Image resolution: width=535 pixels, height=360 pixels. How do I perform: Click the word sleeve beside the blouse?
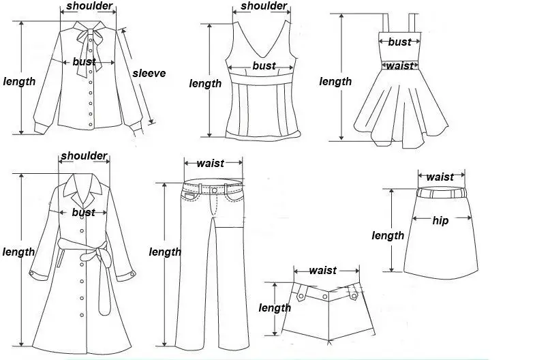pos(149,73)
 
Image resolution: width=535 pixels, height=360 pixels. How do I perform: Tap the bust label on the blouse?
pos(84,61)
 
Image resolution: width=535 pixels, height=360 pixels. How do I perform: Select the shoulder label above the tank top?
pos(264,6)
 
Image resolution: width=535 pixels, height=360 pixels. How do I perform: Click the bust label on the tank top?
pos(264,66)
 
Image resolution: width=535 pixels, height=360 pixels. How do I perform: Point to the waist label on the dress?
pos(399,66)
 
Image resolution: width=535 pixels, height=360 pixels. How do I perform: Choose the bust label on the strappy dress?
pos(399,42)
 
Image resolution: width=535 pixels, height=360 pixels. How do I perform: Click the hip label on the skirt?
pos(440,220)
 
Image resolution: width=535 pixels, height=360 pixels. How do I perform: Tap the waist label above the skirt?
pos(440,177)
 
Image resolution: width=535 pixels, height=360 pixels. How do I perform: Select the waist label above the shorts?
pos(322,270)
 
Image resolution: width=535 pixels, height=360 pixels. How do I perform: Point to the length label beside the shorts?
pos(275,308)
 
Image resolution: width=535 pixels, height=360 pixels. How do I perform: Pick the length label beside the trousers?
pos(165,252)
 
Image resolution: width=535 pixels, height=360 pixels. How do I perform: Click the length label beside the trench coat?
pos(18,252)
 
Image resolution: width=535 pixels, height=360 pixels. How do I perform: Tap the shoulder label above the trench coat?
pos(84,155)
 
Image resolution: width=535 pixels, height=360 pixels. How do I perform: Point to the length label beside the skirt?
pos(387,235)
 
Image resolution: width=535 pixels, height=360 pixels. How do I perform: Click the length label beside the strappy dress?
pos(335,82)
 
